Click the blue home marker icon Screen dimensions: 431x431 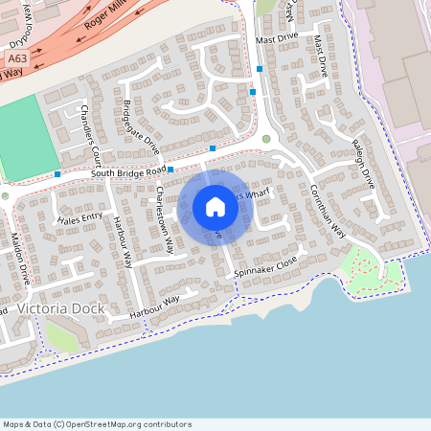(x=215, y=207)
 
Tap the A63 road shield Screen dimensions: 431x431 (x=14, y=59)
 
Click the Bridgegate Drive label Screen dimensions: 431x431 (x=141, y=125)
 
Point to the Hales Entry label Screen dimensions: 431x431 (x=79, y=219)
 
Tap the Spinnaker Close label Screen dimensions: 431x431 (x=266, y=267)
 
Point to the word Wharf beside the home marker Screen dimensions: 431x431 (x=256, y=194)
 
